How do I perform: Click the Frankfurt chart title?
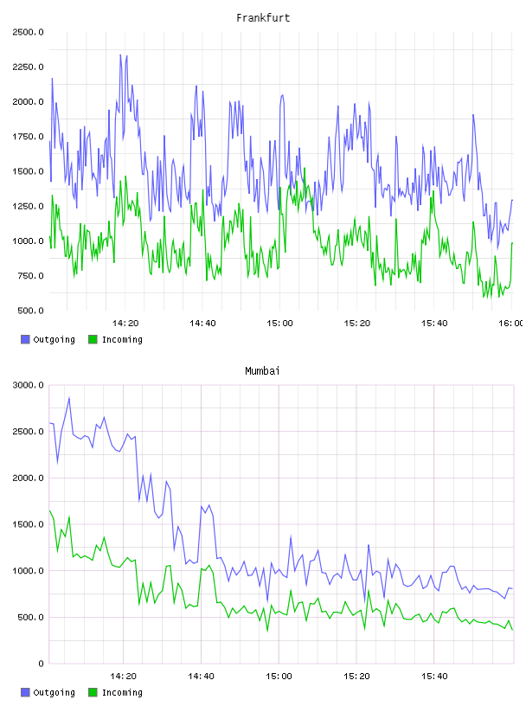[263, 18]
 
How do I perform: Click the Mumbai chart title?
[262, 371]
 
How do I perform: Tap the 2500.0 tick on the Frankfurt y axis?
[28, 32]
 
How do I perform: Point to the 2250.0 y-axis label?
[28, 67]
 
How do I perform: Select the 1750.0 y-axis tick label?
[28, 137]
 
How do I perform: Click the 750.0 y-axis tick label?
[30, 276]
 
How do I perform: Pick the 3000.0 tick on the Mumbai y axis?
[28, 385]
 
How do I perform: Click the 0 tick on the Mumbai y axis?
[41, 664]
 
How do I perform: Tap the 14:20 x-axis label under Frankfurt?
[125, 324]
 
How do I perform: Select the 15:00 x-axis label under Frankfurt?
[279, 324]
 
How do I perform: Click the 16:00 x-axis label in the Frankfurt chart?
[510, 324]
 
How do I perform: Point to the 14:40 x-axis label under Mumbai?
[201, 677]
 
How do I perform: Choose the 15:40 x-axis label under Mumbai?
[434, 677]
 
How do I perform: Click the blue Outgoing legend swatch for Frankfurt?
[25, 339]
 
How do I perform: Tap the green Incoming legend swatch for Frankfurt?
[93, 339]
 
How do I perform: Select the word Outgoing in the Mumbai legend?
[54, 693]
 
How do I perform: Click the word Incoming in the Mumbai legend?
[122, 693]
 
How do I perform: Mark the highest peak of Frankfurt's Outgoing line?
[120, 55]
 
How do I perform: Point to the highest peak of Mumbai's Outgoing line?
[69, 398]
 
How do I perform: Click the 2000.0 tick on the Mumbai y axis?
[28, 478]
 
